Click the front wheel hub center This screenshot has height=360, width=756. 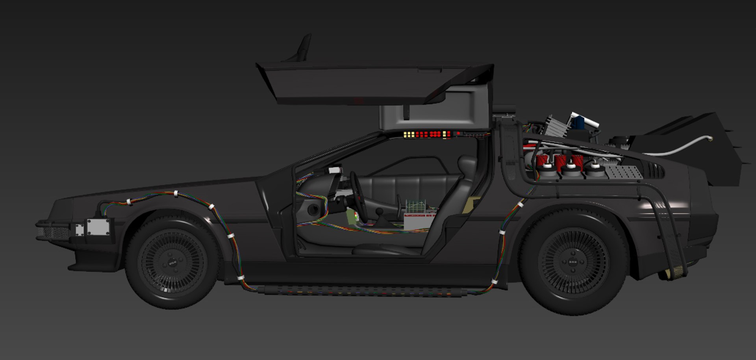tap(172, 263)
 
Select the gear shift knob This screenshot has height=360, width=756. tap(380, 212)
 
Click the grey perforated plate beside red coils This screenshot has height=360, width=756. tap(624, 172)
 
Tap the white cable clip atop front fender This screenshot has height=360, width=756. tap(176, 193)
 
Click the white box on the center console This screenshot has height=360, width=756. tap(419, 222)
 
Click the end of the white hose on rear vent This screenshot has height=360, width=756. tap(710, 138)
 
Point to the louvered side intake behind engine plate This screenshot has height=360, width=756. tap(655, 171)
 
